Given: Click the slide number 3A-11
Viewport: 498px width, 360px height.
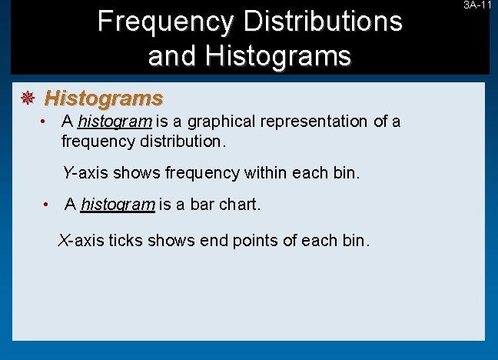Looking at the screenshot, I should pos(478,5).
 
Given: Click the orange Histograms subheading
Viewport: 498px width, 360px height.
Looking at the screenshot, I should pos(104,98).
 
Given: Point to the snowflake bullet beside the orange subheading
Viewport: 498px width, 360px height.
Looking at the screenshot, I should pos(27,98).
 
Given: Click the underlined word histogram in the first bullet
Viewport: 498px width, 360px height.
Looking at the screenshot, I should pos(115,122).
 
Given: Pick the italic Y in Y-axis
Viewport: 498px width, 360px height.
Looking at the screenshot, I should pos(68,173).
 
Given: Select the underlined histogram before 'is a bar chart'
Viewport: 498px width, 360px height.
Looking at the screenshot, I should pos(118,205).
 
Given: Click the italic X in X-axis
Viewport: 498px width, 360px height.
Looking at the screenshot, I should pos(64,240).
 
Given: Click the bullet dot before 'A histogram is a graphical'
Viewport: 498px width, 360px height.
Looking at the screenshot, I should pos(47,122).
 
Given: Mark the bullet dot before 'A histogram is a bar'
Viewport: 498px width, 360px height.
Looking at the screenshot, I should pos(48,205).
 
